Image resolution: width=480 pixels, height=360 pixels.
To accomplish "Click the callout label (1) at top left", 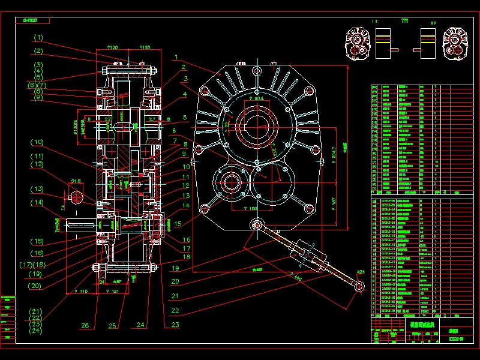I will click(38, 37).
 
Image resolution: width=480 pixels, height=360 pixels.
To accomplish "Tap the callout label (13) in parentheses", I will click(37, 189).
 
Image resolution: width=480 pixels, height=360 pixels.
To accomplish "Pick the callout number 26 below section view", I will click(85, 326).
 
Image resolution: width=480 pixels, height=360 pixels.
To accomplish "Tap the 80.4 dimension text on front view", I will click(258, 98).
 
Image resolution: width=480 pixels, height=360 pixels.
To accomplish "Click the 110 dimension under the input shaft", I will click(80, 291).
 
